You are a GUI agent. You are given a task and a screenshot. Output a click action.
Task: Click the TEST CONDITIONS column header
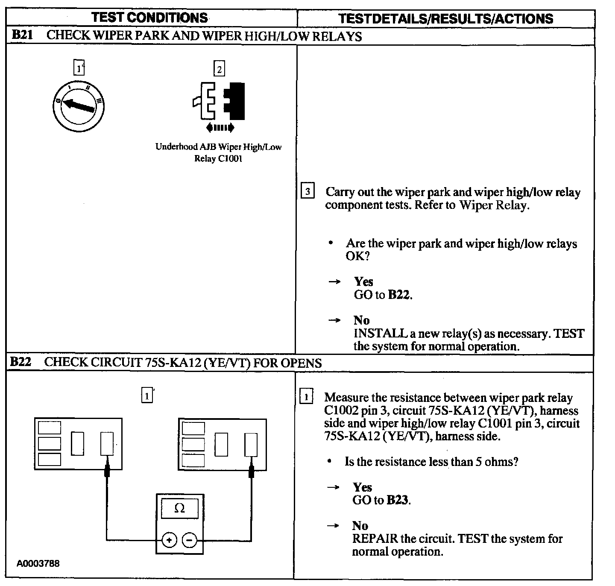click(x=149, y=18)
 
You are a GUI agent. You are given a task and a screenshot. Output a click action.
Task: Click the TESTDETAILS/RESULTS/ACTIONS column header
click(x=445, y=18)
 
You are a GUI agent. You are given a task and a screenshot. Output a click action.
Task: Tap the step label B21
click(x=22, y=35)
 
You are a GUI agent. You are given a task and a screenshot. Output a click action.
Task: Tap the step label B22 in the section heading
click(x=21, y=362)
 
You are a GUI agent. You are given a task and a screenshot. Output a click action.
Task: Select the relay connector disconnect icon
click(x=219, y=103)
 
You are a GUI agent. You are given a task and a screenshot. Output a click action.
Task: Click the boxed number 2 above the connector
click(x=219, y=69)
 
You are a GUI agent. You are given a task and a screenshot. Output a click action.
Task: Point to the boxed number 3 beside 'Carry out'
click(x=307, y=191)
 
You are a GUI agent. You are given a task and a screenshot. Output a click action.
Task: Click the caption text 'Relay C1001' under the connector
click(x=218, y=158)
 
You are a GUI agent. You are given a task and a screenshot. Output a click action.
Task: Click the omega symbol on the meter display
click(x=179, y=508)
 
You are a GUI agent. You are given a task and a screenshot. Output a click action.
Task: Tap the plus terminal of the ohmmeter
click(x=169, y=540)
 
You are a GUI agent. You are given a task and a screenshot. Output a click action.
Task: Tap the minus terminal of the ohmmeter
click(x=190, y=540)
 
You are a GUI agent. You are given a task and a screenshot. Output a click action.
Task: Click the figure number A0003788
click(x=38, y=563)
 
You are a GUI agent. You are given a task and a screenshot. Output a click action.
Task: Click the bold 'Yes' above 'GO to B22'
click(x=363, y=281)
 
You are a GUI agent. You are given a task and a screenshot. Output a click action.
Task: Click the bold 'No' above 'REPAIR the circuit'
click(x=360, y=525)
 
